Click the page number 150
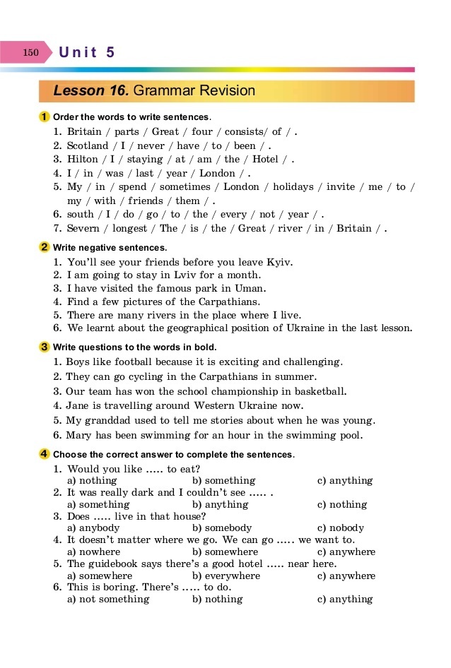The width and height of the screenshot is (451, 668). [x=30, y=52]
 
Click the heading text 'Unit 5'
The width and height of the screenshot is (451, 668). [x=87, y=52]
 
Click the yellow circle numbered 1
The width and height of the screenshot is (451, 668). [x=45, y=117]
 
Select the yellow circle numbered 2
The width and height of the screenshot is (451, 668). [x=45, y=247]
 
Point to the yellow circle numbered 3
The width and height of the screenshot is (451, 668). [x=45, y=347]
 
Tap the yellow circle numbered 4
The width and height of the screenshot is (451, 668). [x=45, y=453]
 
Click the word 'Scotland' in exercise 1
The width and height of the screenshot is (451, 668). [x=88, y=145]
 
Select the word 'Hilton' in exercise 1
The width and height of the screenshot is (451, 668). [x=83, y=159]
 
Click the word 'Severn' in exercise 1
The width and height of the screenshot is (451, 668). [x=83, y=228]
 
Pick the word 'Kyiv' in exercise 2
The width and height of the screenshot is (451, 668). [x=281, y=262]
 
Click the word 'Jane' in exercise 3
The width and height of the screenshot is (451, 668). [x=78, y=405]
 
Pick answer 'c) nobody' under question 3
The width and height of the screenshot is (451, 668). [x=341, y=528]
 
